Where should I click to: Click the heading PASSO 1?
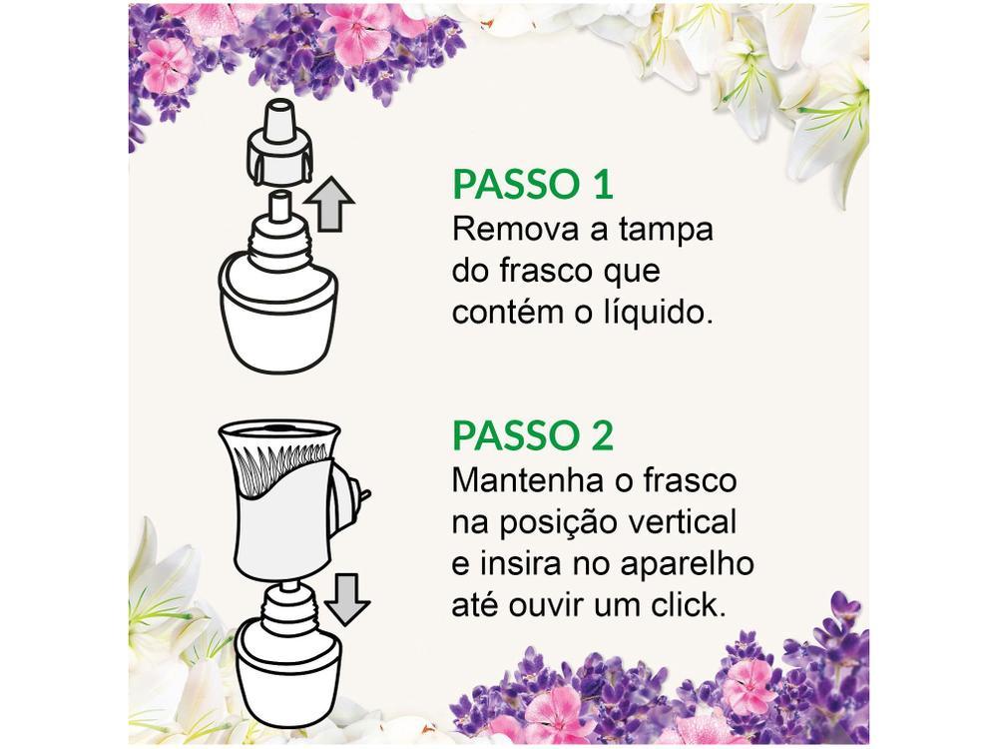[x=532, y=185]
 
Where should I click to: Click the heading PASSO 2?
[x=534, y=436]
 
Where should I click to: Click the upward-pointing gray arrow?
[x=329, y=207]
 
